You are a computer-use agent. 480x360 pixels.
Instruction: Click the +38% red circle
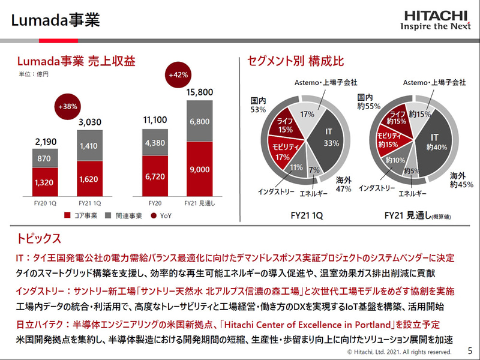[68, 106]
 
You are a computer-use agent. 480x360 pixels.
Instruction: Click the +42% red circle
[178, 75]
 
